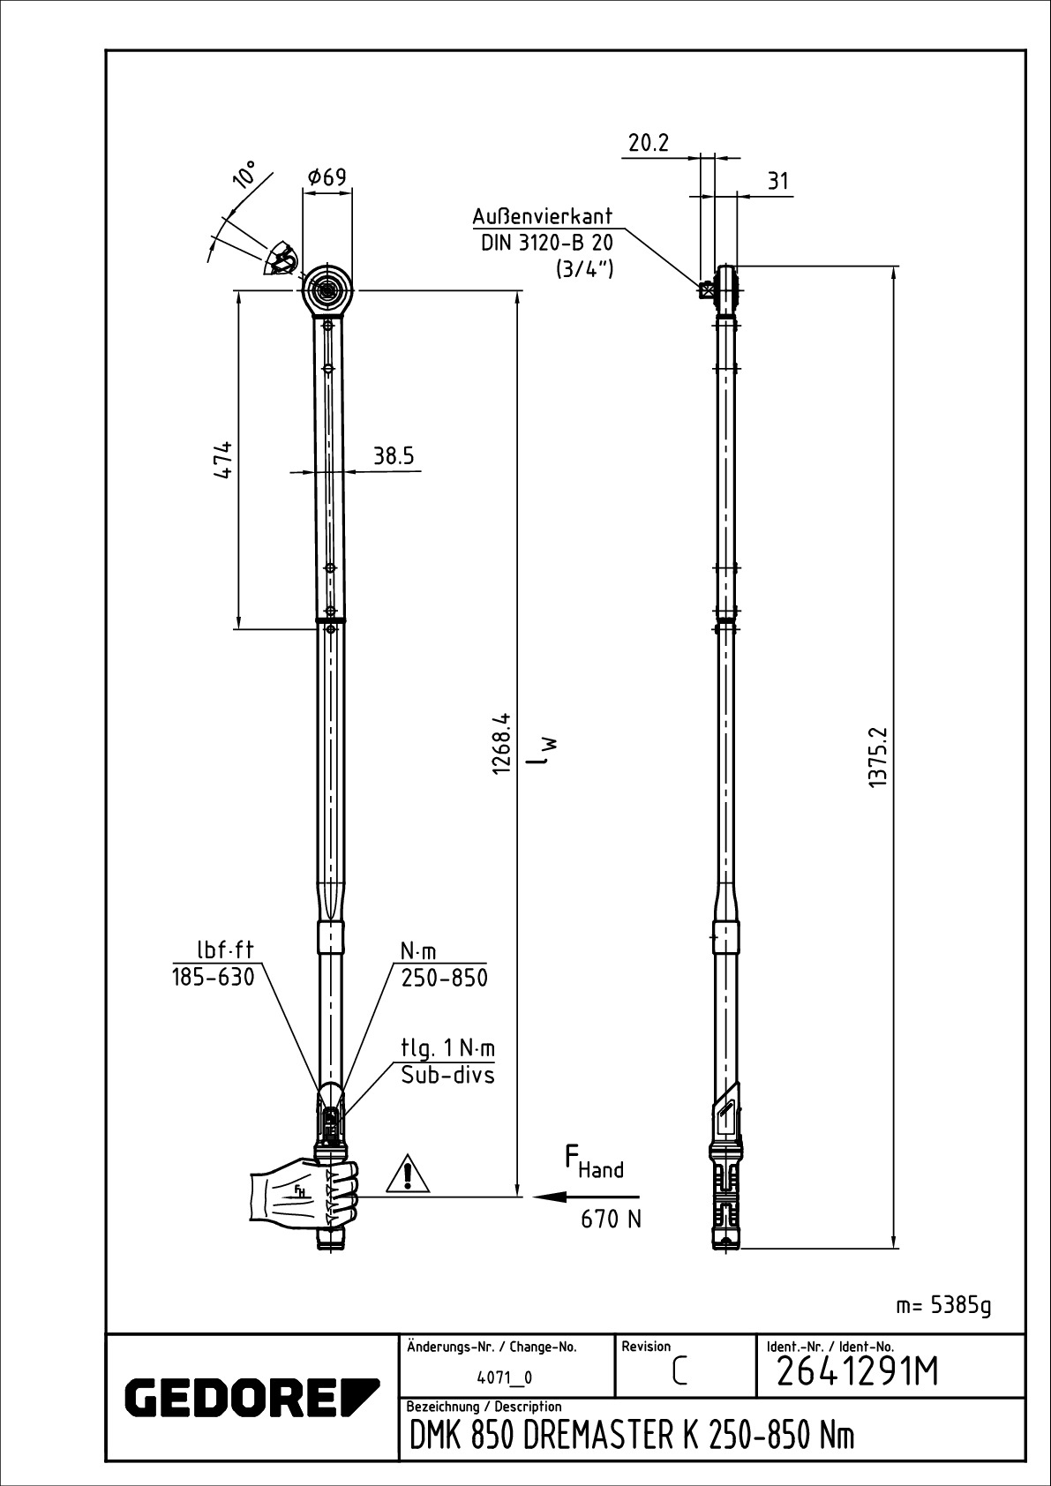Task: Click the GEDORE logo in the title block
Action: (251, 1397)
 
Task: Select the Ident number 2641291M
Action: (857, 1373)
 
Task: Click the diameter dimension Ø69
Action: (327, 177)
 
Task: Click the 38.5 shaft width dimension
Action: (394, 456)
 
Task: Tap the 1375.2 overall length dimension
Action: (877, 757)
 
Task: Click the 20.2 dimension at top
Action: (649, 143)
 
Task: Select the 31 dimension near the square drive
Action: (777, 182)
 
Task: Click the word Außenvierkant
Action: (542, 217)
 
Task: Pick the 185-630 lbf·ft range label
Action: (213, 977)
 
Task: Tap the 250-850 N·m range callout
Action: (444, 978)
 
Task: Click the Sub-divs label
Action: (447, 1075)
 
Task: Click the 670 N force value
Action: (611, 1219)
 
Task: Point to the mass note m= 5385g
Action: (943, 1305)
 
